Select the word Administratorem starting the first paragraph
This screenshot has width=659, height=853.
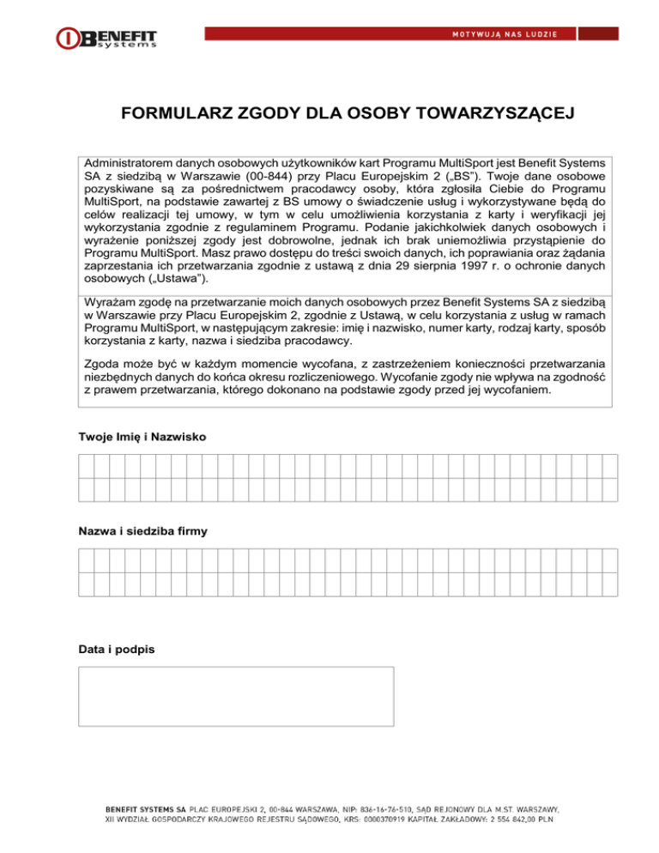(128, 161)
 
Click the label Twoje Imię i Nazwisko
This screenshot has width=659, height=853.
(142, 437)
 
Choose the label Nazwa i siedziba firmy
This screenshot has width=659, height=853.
(142, 532)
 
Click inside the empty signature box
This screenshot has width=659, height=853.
(236, 696)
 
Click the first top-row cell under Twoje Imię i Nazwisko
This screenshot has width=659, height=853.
(86, 466)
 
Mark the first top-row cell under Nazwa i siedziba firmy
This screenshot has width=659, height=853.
(86, 560)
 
